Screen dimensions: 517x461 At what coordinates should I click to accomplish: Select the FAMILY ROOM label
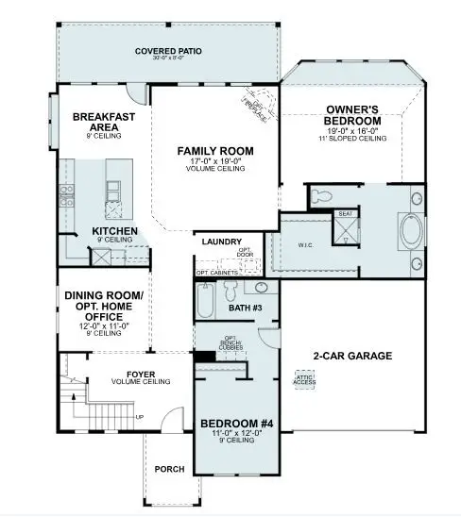(213, 151)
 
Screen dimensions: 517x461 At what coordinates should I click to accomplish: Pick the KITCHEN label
(115, 231)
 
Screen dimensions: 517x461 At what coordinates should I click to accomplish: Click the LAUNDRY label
(222, 242)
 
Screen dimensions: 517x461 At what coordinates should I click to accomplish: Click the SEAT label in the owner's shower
(346, 214)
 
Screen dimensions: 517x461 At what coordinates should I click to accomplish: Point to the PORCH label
(171, 469)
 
